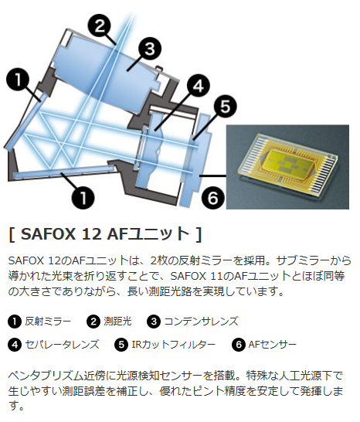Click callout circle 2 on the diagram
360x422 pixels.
[x=99, y=25]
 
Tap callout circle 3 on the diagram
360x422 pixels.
[x=150, y=49]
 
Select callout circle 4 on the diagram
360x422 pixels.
[x=198, y=85]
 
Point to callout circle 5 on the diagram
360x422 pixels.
[x=223, y=106]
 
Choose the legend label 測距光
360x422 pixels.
[x=119, y=321]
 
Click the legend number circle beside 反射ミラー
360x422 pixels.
[x=15, y=321]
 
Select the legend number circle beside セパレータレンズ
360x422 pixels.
[x=15, y=344]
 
